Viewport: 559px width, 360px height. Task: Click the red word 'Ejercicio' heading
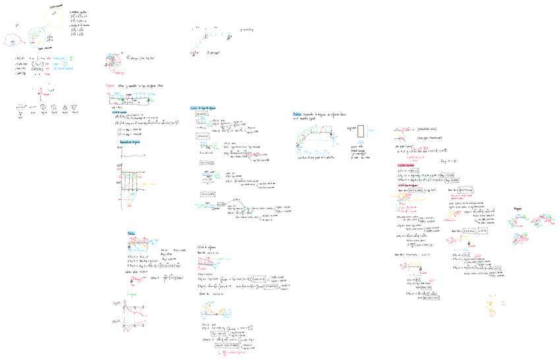click(x=110, y=86)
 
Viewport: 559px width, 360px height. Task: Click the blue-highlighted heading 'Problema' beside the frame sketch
click(x=298, y=114)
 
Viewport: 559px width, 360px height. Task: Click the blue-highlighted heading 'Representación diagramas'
click(x=131, y=142)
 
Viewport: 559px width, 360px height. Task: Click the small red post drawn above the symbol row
click(x=41, y=92)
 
